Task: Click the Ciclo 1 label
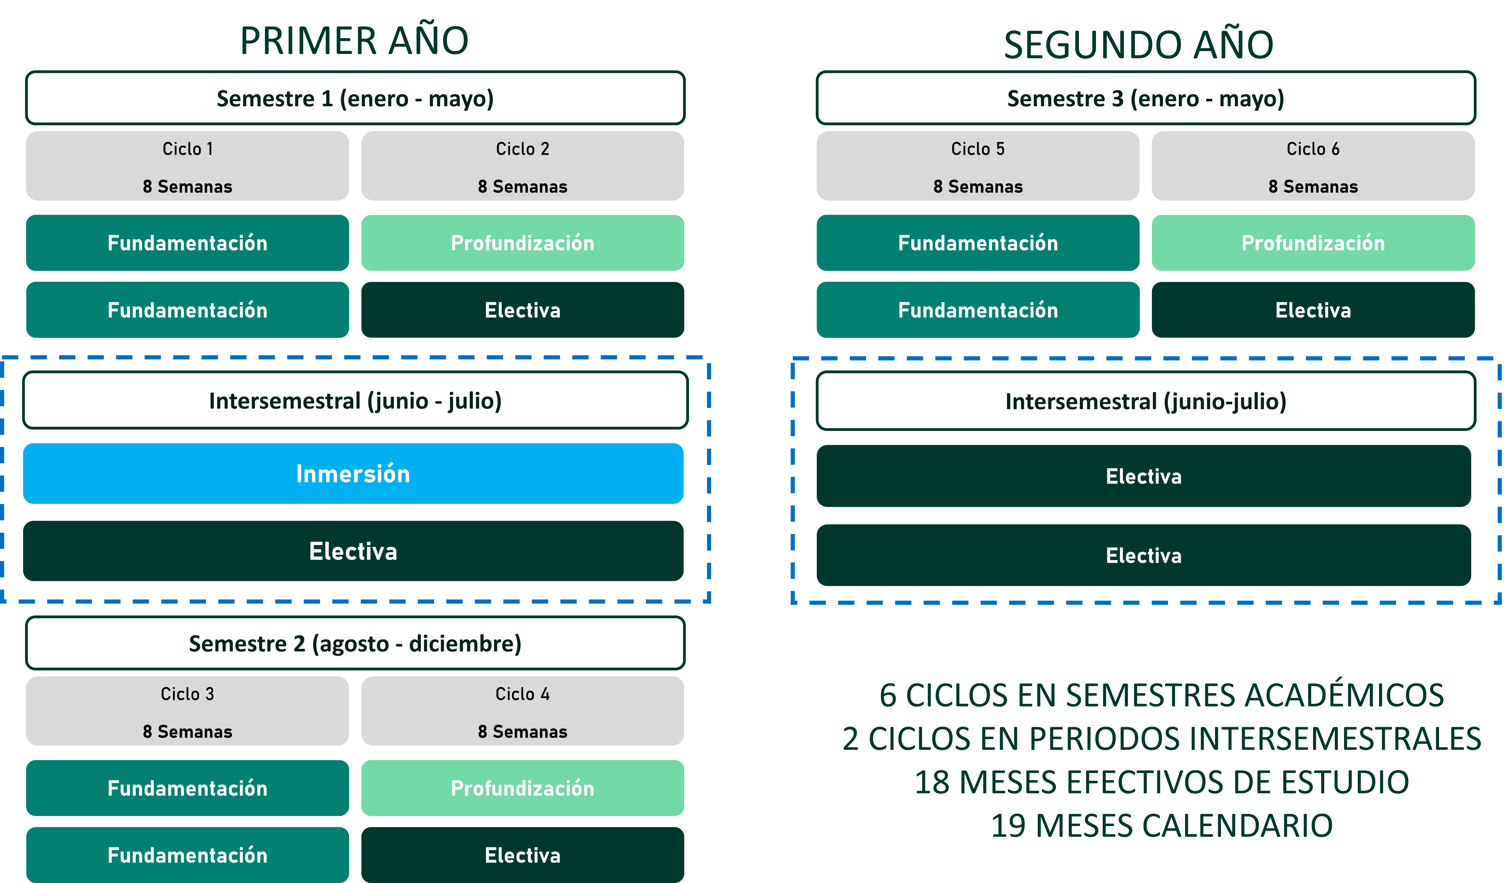[187, 149]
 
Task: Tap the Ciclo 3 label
[187, 694]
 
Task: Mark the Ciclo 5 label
[978, 149]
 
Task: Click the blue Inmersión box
[353, 473]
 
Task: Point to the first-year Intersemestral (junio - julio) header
[355, 401]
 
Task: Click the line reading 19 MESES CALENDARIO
[1161, 826]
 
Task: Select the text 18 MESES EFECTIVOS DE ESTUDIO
[1161, 782]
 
